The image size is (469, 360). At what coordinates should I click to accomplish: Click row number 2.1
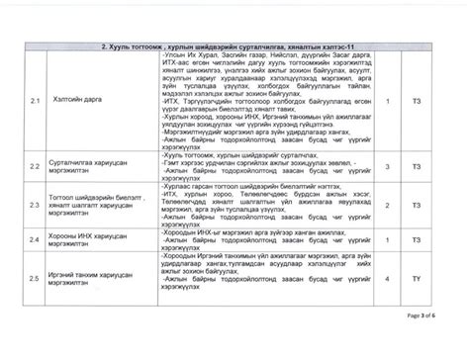(x=35, y=101)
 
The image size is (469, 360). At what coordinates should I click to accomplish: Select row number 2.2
(x=35, y=168)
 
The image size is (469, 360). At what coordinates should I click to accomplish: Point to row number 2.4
(x=35, y=239)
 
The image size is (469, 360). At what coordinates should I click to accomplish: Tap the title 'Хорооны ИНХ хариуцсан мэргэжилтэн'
(x=94, y=239)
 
